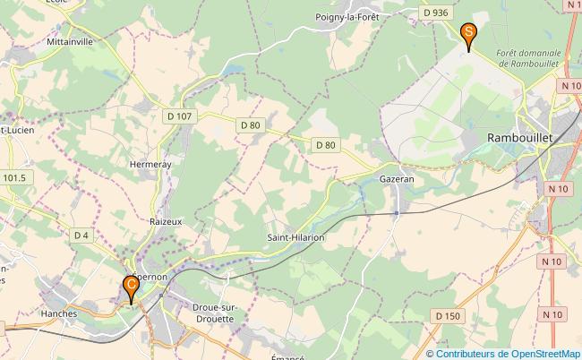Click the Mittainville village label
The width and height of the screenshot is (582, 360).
click(71, 42)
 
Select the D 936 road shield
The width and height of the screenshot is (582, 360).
click(434, 13)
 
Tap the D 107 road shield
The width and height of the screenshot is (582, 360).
click(179, 116)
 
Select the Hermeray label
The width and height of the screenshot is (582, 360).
click(150, 165)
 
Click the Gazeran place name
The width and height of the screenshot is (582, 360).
click(398, 179)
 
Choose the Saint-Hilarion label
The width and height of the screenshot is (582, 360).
click(295, 238)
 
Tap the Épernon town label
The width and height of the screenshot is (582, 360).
click(150, 278)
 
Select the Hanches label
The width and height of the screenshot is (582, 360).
click(59, 314)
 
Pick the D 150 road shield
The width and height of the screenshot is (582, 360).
click(448, 316)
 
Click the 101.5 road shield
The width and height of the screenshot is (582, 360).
click(14, 178)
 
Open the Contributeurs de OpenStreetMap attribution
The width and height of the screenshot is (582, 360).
click(508, 353)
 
